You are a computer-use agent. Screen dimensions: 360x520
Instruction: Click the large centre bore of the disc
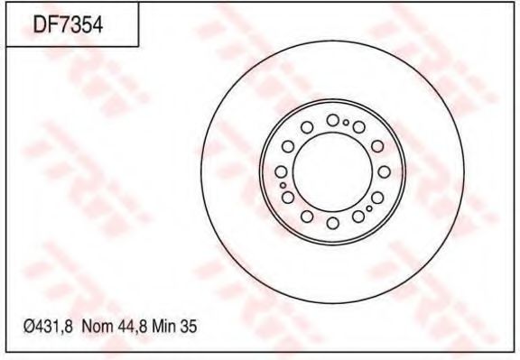click(x=332, y=171)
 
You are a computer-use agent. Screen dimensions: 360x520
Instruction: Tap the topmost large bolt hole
click(x=332, y=120)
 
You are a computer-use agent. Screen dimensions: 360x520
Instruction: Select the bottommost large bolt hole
click(x=332, y=223)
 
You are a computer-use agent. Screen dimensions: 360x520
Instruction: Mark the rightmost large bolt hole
click(x=384, y=171)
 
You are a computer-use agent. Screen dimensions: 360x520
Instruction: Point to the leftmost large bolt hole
click(x=281, y=171)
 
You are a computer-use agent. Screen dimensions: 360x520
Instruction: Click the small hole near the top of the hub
click(x=346, y=122)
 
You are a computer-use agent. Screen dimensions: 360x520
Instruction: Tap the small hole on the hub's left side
click(x=283, y=185)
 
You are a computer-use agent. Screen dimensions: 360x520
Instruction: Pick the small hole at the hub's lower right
click(x=369, y=208)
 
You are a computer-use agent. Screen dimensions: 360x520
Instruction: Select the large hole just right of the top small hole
click(x=358, y=127)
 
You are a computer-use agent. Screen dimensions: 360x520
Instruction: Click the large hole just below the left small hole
click(x=287, y=198)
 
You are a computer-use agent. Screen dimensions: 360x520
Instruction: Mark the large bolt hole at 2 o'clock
click(x=376, y=145)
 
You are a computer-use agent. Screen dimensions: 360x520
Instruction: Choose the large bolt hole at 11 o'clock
click(x=306, y=127)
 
